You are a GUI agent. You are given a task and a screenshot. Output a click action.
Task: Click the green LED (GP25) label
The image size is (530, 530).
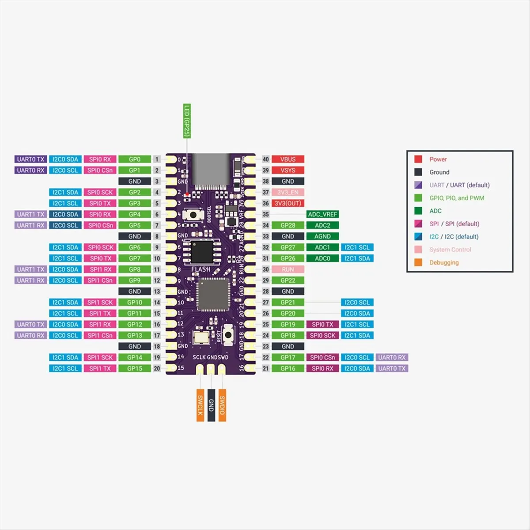click(x=186, y=121)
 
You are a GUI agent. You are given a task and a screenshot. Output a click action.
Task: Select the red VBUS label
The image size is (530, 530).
click(x=288, y=159)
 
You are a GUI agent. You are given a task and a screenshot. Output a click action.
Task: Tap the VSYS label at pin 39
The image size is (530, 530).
click(x=288, y=170)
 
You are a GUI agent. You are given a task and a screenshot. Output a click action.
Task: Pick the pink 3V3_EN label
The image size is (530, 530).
click(x=288, y=192)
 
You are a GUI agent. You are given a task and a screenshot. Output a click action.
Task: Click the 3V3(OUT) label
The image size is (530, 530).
click(x=288, y=203)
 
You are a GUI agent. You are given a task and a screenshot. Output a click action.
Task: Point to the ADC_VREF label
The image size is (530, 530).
click(x=322, y=214)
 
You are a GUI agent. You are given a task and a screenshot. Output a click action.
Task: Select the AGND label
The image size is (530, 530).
click(x=322, y=236)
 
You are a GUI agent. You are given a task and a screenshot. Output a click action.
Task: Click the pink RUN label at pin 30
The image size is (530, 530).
click(x=288, y=269)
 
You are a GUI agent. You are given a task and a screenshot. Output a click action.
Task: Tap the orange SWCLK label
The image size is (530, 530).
click(x=200, y=405)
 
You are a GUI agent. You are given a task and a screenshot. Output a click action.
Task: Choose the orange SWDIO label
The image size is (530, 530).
click(x=222, y=405)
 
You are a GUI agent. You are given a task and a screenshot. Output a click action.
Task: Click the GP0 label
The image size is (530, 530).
click(x=135, y=159)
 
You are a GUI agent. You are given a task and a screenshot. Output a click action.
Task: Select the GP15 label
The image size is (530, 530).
click(x=135, y=368)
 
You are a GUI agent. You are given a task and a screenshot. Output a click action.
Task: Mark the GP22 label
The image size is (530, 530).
click(x=288, y=280)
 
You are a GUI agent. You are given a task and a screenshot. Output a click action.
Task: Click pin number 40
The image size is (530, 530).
click(x=265, y=159)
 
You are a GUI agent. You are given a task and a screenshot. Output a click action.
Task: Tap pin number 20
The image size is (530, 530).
click(x=157, y=368)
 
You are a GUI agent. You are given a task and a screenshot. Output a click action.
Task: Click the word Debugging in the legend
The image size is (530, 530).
click(x=444, y=262)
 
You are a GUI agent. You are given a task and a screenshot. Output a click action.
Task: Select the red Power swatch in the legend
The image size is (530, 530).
click(x=418, y=159)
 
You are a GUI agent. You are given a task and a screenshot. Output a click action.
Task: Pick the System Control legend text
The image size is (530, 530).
click(x=450, y=250)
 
